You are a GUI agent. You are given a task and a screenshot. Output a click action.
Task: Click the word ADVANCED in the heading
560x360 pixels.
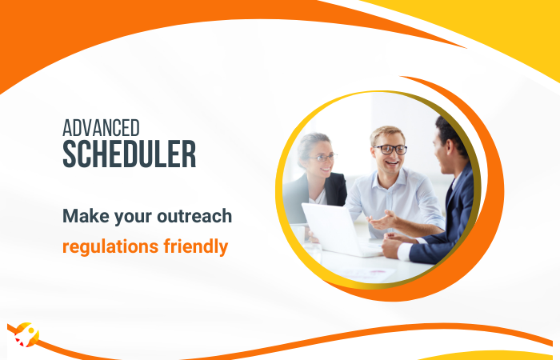tap(102, 127)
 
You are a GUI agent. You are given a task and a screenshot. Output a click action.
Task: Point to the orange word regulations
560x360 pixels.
tap(107, 246)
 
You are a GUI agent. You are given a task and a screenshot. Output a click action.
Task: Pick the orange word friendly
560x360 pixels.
tap(192, 246)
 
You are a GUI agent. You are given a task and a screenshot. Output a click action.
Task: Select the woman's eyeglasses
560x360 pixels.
tap(322, 158)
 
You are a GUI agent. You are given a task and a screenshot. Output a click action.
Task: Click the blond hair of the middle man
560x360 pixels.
tap(387, 133)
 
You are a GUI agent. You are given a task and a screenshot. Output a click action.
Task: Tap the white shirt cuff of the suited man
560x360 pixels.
tap(404, 249)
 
